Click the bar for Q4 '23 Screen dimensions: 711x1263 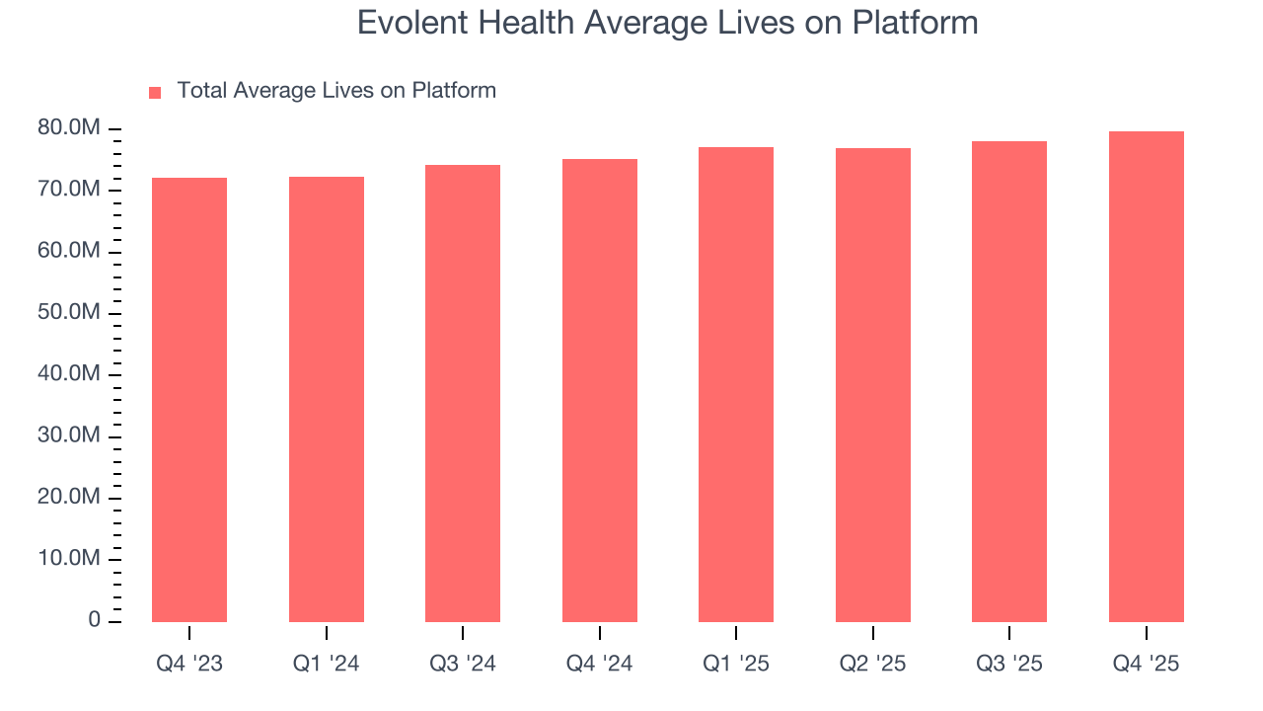pyautogui.click(x=189, y=400)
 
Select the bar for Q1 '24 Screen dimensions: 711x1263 pyautogui.click(x=327, y=399)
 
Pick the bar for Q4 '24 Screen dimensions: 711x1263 pyautogui.click(x=600, y=390)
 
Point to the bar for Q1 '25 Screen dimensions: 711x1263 pyautogui.click(x=736, y=384)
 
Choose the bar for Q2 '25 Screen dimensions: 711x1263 pyautogui.click(x=873, y=385)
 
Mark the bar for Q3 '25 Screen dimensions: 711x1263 pyautogui.click(x=1009, y=381)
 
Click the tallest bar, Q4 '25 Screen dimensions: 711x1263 pyautogui.click(x=1147, y=376)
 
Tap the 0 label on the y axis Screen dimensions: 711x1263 pyautogui.click(x=95, y=620)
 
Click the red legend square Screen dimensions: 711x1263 pyautogui.click(x=155, y=92)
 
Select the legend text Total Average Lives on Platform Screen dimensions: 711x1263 pyautogui.click(x=336, y=91)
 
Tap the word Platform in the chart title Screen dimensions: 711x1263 pyautogui.click(x=916, y=23)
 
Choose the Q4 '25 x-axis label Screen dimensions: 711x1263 pyautogui.click(x=1147, y=664)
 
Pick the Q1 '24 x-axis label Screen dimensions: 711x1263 pyautogui.click(x=327, y=664)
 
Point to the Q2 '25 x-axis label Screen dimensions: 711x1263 pyautogui.click(x=873, y=664)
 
